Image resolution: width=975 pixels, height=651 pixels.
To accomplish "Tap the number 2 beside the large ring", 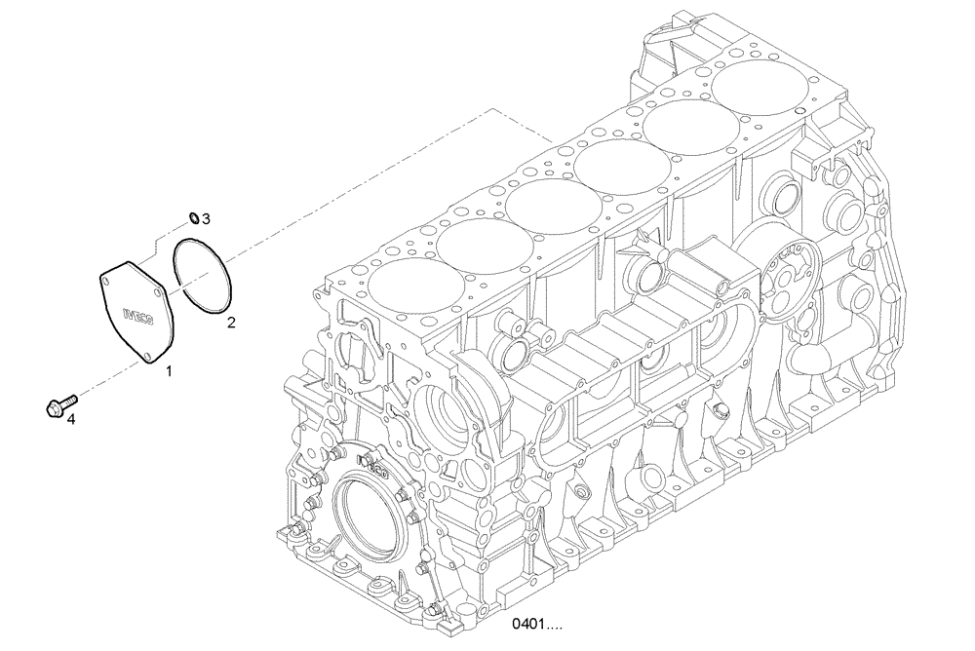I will pos(231,321).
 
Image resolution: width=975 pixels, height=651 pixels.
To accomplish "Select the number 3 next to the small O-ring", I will pos(206,218).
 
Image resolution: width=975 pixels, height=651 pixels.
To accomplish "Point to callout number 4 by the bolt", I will pos(68,419).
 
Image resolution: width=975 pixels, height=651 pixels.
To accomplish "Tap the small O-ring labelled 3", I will pos(193,216).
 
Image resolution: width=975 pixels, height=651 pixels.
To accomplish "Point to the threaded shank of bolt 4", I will pos(70,400).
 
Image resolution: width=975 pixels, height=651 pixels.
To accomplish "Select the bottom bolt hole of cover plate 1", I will pos(149,358).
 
